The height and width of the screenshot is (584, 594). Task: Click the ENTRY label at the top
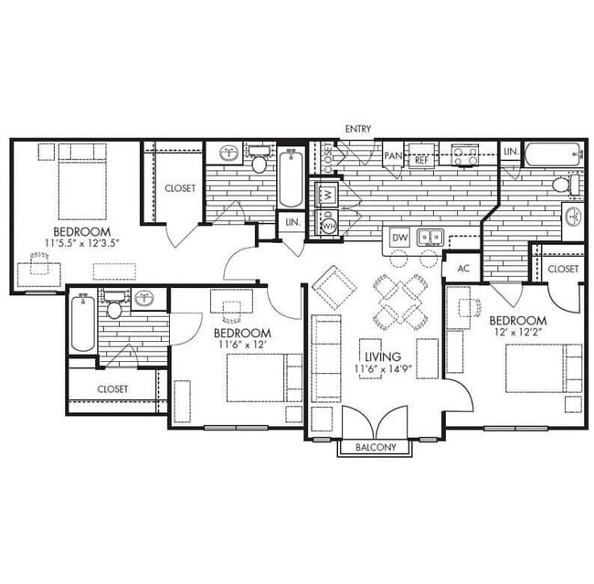click(358, 129)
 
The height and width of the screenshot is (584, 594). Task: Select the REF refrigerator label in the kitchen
click(421, 159)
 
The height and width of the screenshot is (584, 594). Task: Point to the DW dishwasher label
click(399, 238)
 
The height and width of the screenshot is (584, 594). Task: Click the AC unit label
click(462, 269)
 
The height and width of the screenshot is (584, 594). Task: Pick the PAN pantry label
click(393, 157)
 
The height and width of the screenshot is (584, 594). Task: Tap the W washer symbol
click(326, 194)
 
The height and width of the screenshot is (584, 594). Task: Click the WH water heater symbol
click(326, 222)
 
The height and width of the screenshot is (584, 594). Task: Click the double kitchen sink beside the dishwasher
click(430, 238)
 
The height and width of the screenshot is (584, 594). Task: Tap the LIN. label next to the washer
click(292, 222)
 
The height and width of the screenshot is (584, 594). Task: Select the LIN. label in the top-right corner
click(510, 151)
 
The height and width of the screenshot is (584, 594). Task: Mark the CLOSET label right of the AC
click(562, 269)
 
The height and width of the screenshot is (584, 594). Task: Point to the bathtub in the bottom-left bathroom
click(81, 325)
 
